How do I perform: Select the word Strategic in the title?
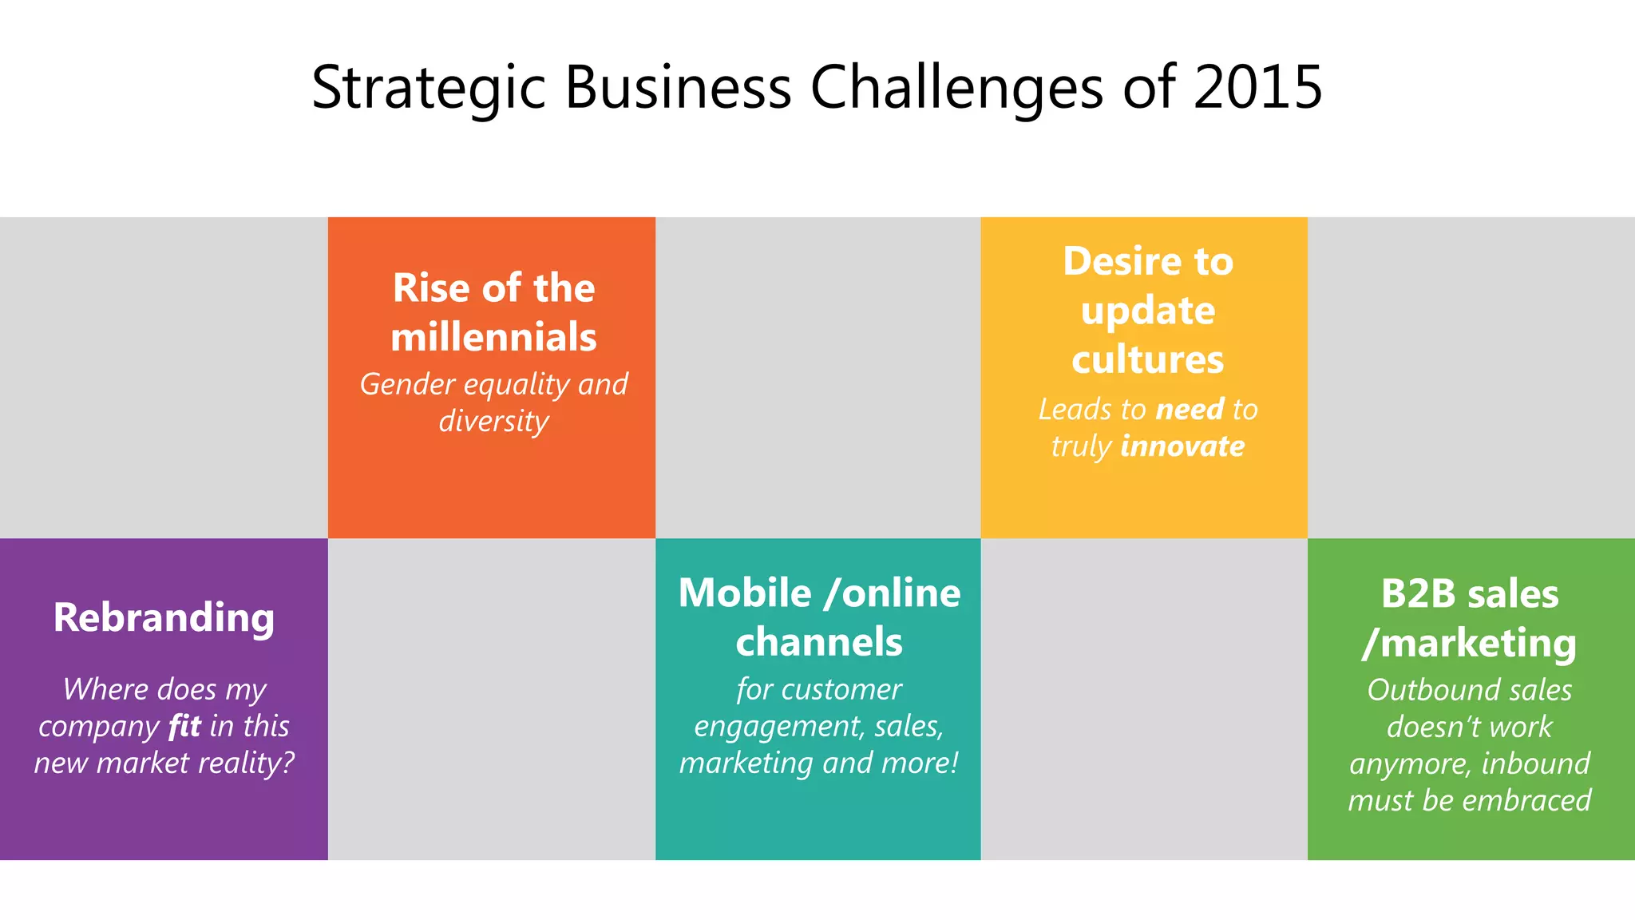428,88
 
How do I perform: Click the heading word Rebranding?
164,618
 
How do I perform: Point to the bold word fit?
184,727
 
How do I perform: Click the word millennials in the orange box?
493,337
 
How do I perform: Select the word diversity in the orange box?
493,422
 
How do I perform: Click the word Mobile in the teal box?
745,593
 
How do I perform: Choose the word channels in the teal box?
818,642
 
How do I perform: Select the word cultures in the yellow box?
1147,359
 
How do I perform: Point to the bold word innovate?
1182,446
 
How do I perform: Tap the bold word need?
1190,410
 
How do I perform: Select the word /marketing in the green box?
1469,644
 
